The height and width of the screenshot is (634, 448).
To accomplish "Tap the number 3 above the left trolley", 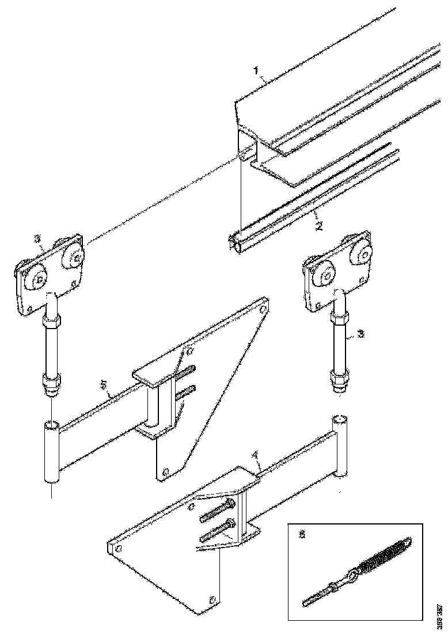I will tap(36, 237).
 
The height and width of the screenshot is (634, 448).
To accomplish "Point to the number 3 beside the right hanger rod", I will tap(360, 333).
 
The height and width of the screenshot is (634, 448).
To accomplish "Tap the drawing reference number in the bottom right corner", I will tap(440, 615).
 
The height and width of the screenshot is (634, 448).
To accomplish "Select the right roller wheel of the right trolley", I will tap(363, 252).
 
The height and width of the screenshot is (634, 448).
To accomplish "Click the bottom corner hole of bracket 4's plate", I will tap(212, 599).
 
